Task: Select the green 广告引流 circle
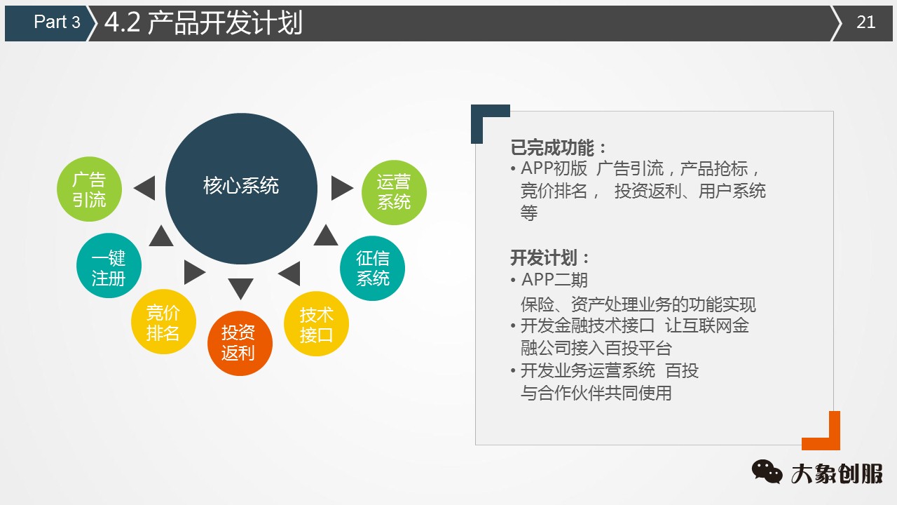coord(89,190)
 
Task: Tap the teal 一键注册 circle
coord(109,267)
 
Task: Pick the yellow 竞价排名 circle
coord(163,322)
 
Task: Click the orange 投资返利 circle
coord(240,342)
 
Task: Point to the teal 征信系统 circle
coord(372,268)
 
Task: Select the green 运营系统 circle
coord(394,192)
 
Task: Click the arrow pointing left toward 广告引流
coord(144,188)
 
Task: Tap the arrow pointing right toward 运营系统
coord(341,188)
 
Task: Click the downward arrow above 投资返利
coord(240,288)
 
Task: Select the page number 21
coord(866,22)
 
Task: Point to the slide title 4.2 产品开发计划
coord(203,22)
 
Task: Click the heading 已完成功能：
coord(559,148)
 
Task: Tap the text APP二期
coord(554,281)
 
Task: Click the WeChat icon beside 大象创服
coord(767,472)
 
